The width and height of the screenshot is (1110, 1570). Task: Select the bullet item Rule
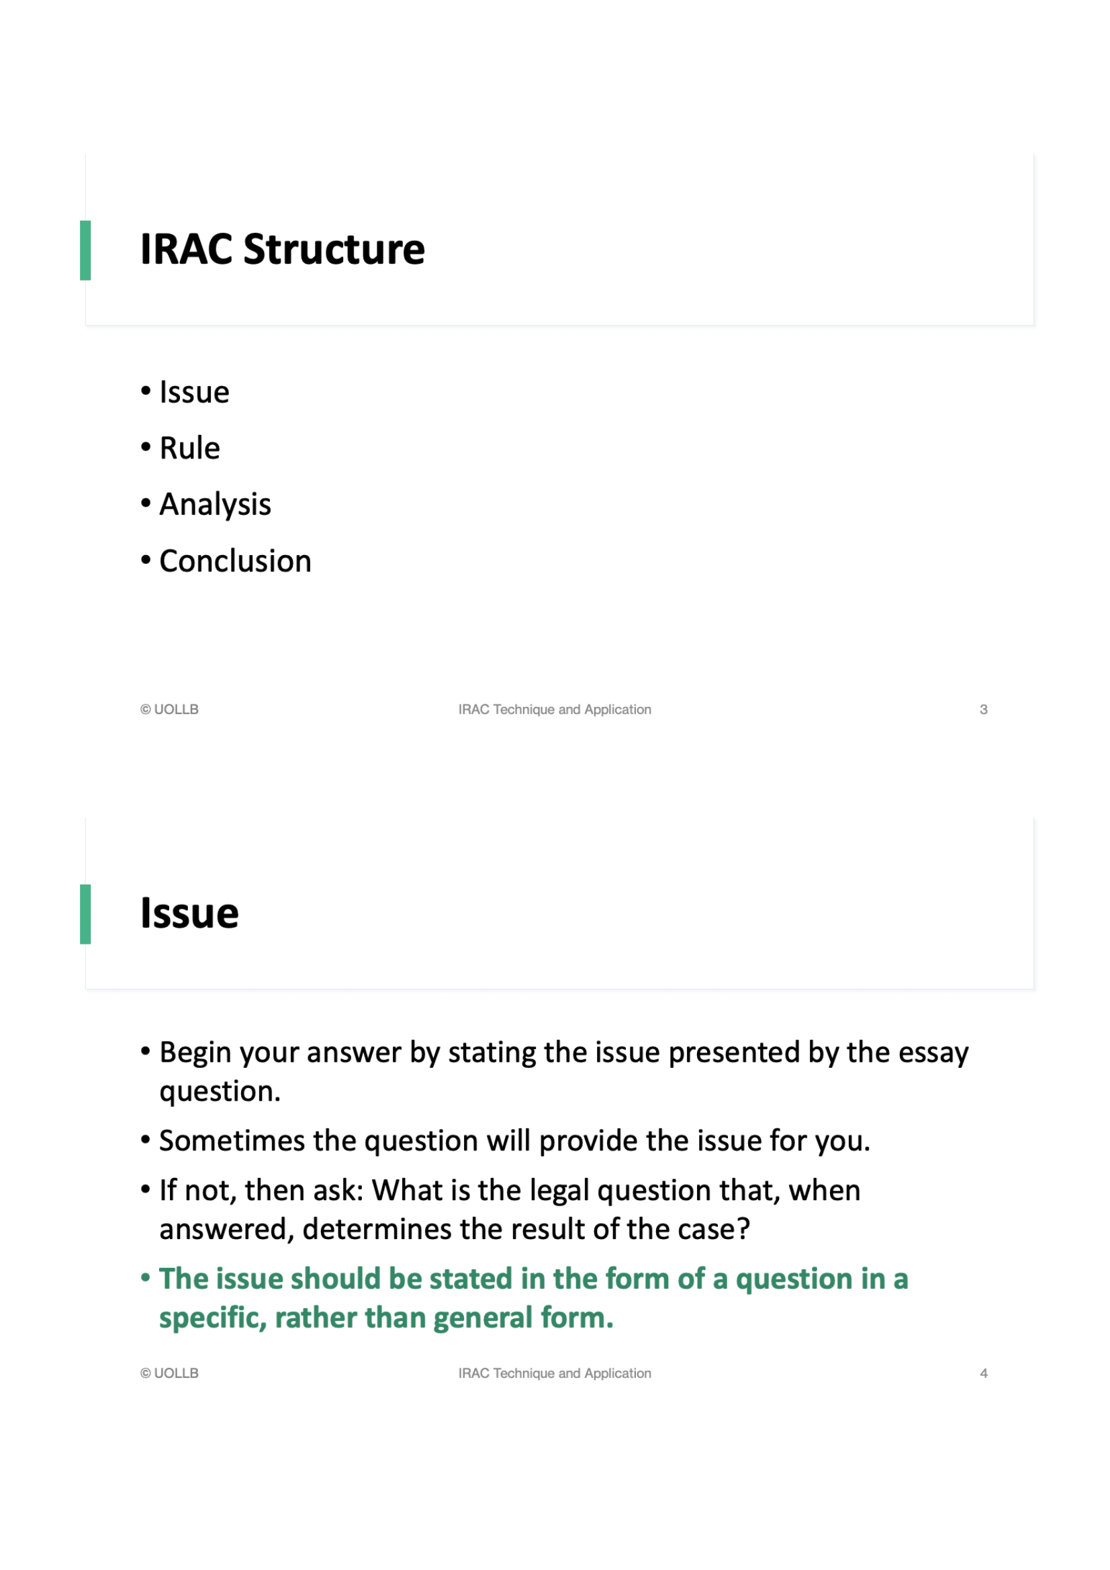189,448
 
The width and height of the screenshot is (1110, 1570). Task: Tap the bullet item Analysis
215,505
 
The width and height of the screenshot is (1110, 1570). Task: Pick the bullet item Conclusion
235,561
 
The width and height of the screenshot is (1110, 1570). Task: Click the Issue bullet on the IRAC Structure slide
194,393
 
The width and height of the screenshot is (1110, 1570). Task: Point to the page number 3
983,709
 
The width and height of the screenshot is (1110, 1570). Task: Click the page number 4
983,1373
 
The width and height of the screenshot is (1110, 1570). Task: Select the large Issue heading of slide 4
189,914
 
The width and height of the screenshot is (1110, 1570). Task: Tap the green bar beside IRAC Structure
85,250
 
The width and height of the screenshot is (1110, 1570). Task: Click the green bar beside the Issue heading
85,914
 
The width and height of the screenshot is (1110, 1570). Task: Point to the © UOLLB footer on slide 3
169,709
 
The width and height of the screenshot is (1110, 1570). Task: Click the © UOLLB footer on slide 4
169,1373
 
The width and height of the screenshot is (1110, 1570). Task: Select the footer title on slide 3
554,709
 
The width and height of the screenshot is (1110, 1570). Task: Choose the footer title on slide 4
554,1373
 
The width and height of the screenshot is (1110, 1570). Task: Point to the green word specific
212,1318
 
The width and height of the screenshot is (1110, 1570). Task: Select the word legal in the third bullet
559,1191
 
